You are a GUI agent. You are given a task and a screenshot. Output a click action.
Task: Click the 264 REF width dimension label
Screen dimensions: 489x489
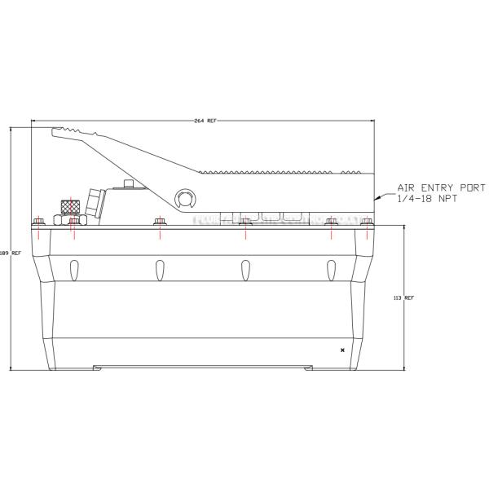pos(205,121)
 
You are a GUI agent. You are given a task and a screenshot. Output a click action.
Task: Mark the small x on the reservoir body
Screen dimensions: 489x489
pos(342,350)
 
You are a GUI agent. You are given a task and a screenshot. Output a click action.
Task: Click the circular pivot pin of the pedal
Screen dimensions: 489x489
pos(185,197)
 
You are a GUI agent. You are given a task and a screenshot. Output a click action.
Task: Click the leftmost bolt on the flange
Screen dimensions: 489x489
pos(37,222)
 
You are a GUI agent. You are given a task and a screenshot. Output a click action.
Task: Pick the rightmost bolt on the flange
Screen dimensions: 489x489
pos(368,222)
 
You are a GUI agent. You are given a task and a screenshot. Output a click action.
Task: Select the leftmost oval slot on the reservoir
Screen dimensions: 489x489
pos(74,267)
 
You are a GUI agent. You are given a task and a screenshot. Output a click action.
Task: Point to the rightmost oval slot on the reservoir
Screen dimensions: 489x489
pos(331,267)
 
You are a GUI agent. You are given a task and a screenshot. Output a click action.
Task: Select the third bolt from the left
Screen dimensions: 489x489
pos(160,222)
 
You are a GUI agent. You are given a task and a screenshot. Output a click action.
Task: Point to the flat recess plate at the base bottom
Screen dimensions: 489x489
pos(204,367)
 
